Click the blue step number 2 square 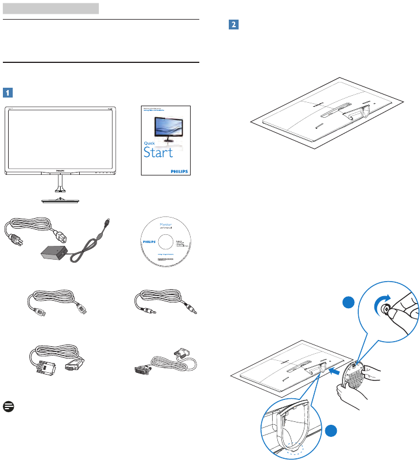(233, 25)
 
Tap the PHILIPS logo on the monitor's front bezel (61, 171)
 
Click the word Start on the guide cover (158, 153)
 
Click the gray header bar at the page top (51, 8)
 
